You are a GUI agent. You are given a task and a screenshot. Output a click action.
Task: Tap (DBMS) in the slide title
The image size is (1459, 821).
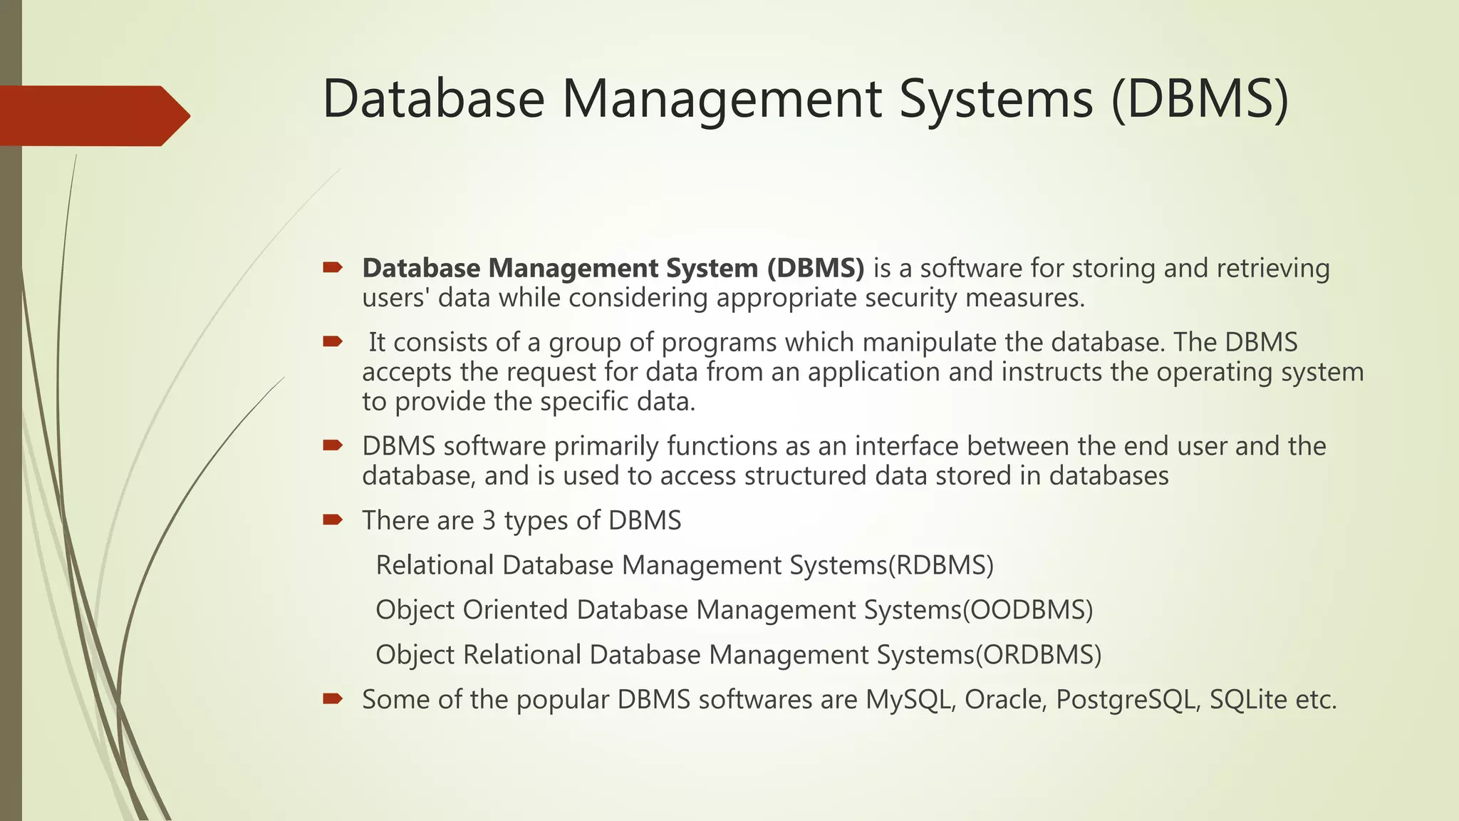pos(1200,99)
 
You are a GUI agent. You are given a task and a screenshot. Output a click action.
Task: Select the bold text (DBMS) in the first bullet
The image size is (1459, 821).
pos(816,268)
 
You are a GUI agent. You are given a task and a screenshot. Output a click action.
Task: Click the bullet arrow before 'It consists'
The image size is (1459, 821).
pos(332,342)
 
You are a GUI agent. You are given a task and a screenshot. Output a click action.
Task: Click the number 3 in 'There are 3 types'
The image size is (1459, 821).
pos(489,521)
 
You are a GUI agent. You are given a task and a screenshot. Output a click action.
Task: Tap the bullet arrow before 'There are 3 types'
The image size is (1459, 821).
pos(332,520)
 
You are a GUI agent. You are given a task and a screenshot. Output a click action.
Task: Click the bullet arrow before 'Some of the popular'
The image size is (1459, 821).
pos(332,698)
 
